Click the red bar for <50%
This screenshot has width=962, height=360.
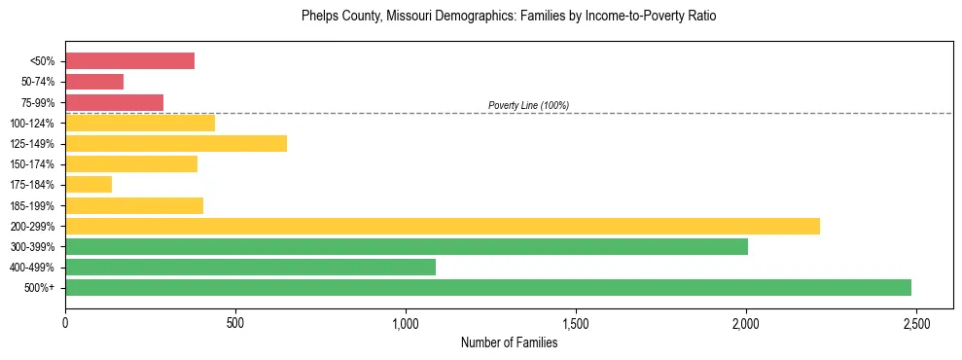(129, 61)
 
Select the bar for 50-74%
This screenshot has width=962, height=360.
(94, 82)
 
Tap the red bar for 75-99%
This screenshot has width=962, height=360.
(114, 102)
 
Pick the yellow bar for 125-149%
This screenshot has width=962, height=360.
(176, 144)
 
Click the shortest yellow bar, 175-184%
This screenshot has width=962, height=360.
(89, 185)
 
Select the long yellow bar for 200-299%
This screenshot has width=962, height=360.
(443, 226)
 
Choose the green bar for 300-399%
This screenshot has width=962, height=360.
(407, 246)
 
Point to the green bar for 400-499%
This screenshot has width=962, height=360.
(250, 267)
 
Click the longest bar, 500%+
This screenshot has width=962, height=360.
(488, 287)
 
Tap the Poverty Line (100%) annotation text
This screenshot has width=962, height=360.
(528, 105)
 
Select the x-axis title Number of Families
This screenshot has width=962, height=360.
(509, 342)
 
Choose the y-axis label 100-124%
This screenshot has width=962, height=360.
(32, 124)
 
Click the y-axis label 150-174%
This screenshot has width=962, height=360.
(32, 164)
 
